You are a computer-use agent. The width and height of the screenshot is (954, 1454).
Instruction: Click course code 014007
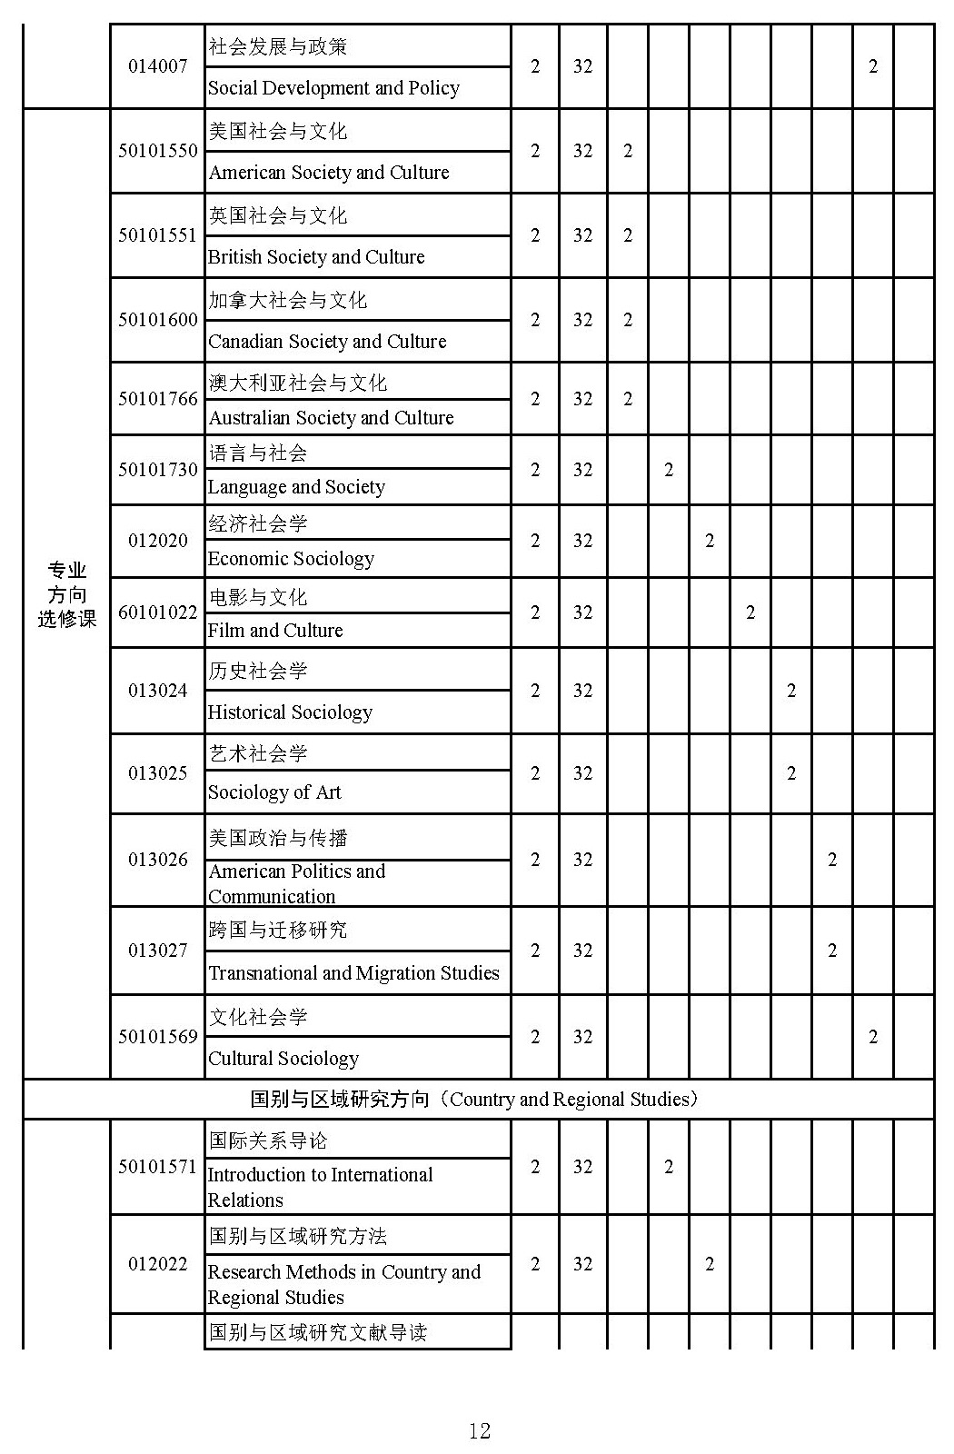point(157,66)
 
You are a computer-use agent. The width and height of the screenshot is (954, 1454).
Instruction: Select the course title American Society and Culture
point(329,173)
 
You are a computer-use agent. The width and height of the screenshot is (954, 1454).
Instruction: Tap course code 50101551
point(157,235)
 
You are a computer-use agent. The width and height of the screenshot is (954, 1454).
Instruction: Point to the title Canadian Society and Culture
point(327,342)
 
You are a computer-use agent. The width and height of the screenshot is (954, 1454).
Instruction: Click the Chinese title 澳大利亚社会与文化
point(298,383)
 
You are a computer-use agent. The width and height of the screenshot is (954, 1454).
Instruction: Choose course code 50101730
point(157,470)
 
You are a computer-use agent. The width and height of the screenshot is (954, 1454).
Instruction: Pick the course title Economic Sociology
point(291,559)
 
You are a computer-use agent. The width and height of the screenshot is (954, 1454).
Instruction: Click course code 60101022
point(157,612)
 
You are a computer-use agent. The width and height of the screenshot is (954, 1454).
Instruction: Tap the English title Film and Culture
point(275,631)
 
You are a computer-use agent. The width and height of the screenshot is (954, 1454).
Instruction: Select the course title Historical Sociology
point(290,712)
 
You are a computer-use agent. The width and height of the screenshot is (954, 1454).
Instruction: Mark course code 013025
point(157,773)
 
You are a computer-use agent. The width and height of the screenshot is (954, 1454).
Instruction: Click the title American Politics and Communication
point(296,883)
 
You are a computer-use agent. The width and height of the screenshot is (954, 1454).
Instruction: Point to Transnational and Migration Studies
point(353,973)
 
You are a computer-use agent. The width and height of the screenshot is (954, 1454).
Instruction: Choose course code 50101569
point(157,1037)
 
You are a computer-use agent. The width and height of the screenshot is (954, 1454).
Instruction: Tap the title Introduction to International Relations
point(320,1187)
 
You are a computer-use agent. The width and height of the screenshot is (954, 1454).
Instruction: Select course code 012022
point(157,1264)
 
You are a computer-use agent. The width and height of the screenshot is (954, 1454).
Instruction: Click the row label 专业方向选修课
point(66,594)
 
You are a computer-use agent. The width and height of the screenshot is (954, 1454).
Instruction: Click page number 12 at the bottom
point(479,1431)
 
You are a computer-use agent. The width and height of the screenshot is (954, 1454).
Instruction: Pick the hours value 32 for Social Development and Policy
point(582,66)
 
